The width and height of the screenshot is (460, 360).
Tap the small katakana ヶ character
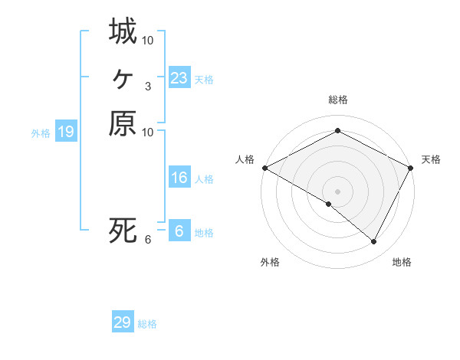pos(123,77)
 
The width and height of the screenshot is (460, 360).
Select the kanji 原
pos(123,123)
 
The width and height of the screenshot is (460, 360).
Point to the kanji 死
pos(123,230)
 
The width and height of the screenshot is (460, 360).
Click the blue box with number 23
pos(179,77)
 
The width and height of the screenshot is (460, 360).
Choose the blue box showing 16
pos(179,178)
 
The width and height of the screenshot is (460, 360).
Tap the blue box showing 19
pos(66,132)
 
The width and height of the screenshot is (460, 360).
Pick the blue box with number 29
pos(123,322)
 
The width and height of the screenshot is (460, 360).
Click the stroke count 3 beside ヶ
pos(147,87)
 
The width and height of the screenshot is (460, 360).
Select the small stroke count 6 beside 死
pos(147,240)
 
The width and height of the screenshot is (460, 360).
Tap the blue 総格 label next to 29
pos(147,324)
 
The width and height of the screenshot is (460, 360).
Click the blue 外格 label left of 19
pos(41,133)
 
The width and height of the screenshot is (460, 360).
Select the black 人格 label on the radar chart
pos(245,159)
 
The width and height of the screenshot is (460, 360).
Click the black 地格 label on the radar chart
pos(402,262)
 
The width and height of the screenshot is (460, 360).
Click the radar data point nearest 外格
pos(328,205)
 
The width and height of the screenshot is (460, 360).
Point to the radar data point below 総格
pos(337,131)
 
